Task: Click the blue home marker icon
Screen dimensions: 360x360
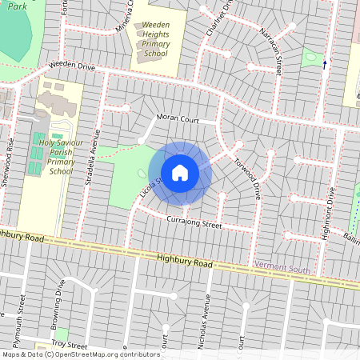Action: click(x=180, y=173)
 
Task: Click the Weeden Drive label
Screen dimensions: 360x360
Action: click(x=71, y=66)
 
